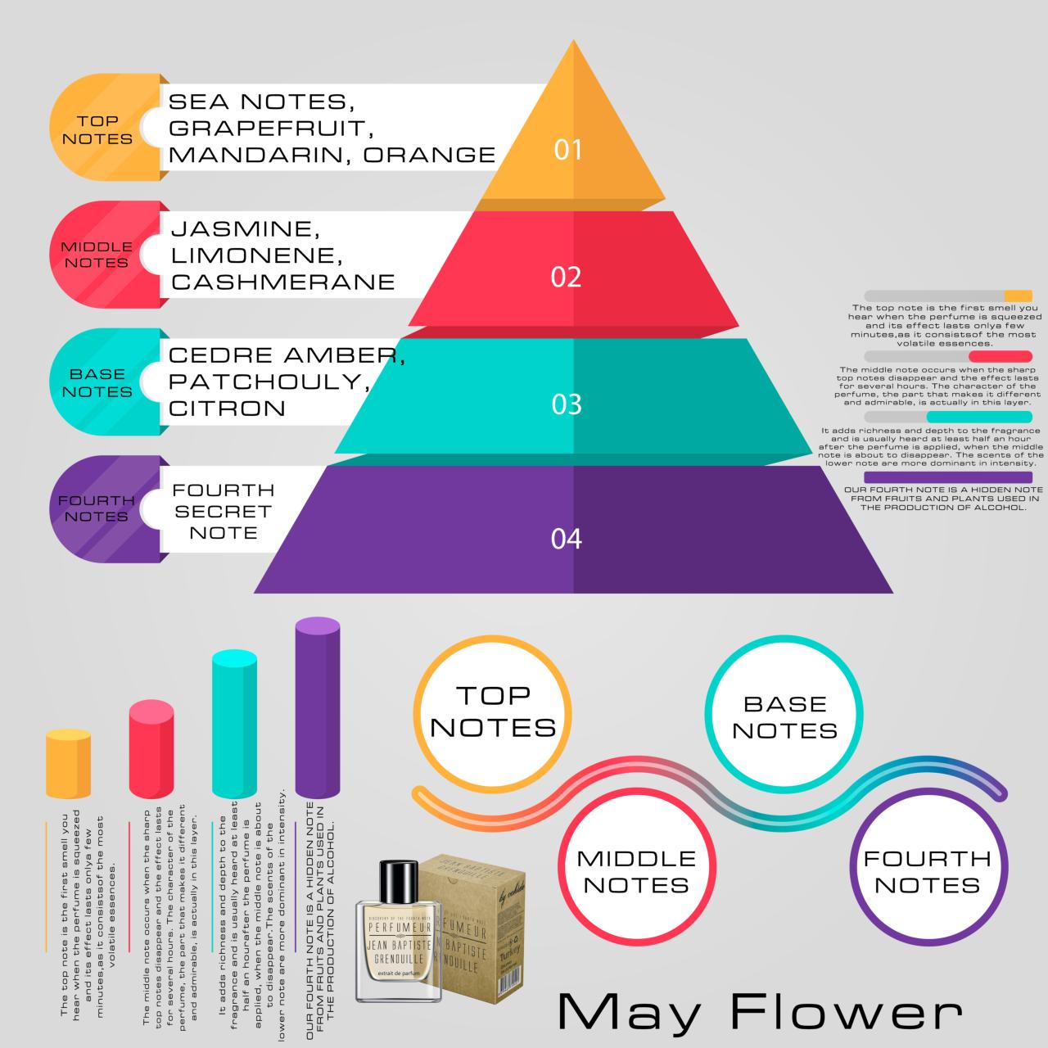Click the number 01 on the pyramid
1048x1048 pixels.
567,150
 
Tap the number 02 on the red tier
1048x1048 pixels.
566,277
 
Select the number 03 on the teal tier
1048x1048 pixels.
567,404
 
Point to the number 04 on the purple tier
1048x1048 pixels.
566,539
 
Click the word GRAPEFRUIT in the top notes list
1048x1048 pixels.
265,128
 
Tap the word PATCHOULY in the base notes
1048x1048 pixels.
264,382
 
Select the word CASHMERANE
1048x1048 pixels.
283,282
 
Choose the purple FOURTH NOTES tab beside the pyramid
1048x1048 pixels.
97,508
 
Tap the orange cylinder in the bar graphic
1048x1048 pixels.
68,764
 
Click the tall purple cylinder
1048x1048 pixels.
317,707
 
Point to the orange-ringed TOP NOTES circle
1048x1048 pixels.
493,712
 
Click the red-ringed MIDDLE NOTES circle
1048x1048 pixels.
636,871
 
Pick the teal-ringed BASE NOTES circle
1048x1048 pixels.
784,717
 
